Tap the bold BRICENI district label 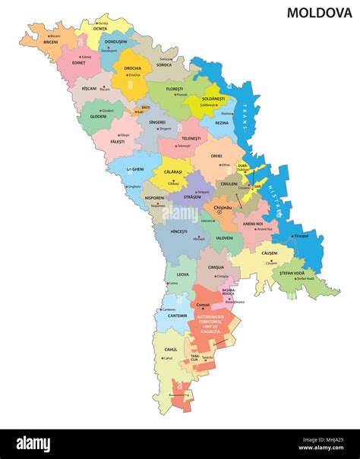51,42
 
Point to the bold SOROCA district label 164,65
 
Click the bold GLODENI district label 98,117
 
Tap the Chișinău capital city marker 219,212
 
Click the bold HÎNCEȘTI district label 178,231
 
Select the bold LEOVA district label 182,275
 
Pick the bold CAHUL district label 170,350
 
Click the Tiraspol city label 302,235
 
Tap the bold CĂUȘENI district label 270,252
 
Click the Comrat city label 203,305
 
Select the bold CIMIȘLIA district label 216,268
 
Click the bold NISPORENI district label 156,198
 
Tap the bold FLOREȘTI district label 175,89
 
